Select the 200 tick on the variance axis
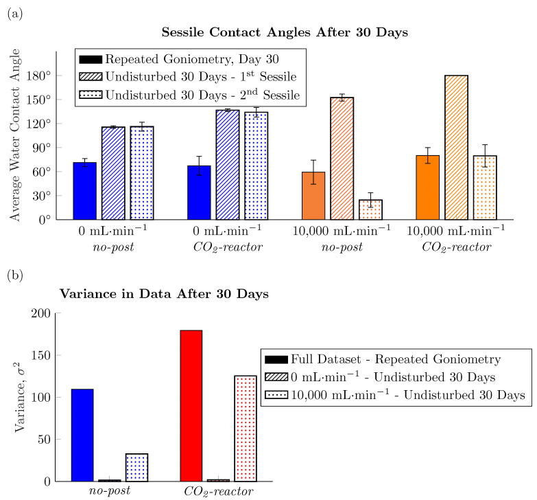43,313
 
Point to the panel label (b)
14,275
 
